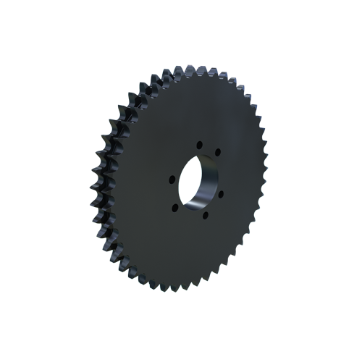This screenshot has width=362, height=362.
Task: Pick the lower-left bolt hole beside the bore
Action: point(175,207)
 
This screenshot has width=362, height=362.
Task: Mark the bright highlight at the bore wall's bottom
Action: point(196,206)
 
